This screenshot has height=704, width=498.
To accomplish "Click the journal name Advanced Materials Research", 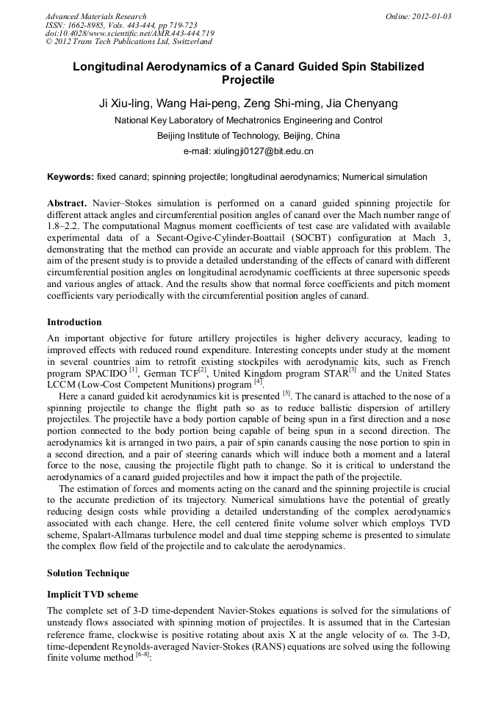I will tap(95, 16).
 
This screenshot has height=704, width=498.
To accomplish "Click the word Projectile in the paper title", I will tap(248, 79).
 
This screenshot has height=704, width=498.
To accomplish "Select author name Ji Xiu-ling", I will tap(126, 104).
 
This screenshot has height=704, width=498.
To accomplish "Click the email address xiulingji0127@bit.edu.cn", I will tap(248, 151).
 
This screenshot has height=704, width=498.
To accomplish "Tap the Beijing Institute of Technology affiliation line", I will tap(248, 136).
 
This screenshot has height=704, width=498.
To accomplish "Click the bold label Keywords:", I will tap(71, 177).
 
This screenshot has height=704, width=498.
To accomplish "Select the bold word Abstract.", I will tap(68, 202).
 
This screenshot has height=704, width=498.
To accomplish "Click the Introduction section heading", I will tap(74, 322).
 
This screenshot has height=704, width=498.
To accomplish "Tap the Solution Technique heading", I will tap(87, 573).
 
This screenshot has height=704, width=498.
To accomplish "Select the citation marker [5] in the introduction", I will tap(286, 393).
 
